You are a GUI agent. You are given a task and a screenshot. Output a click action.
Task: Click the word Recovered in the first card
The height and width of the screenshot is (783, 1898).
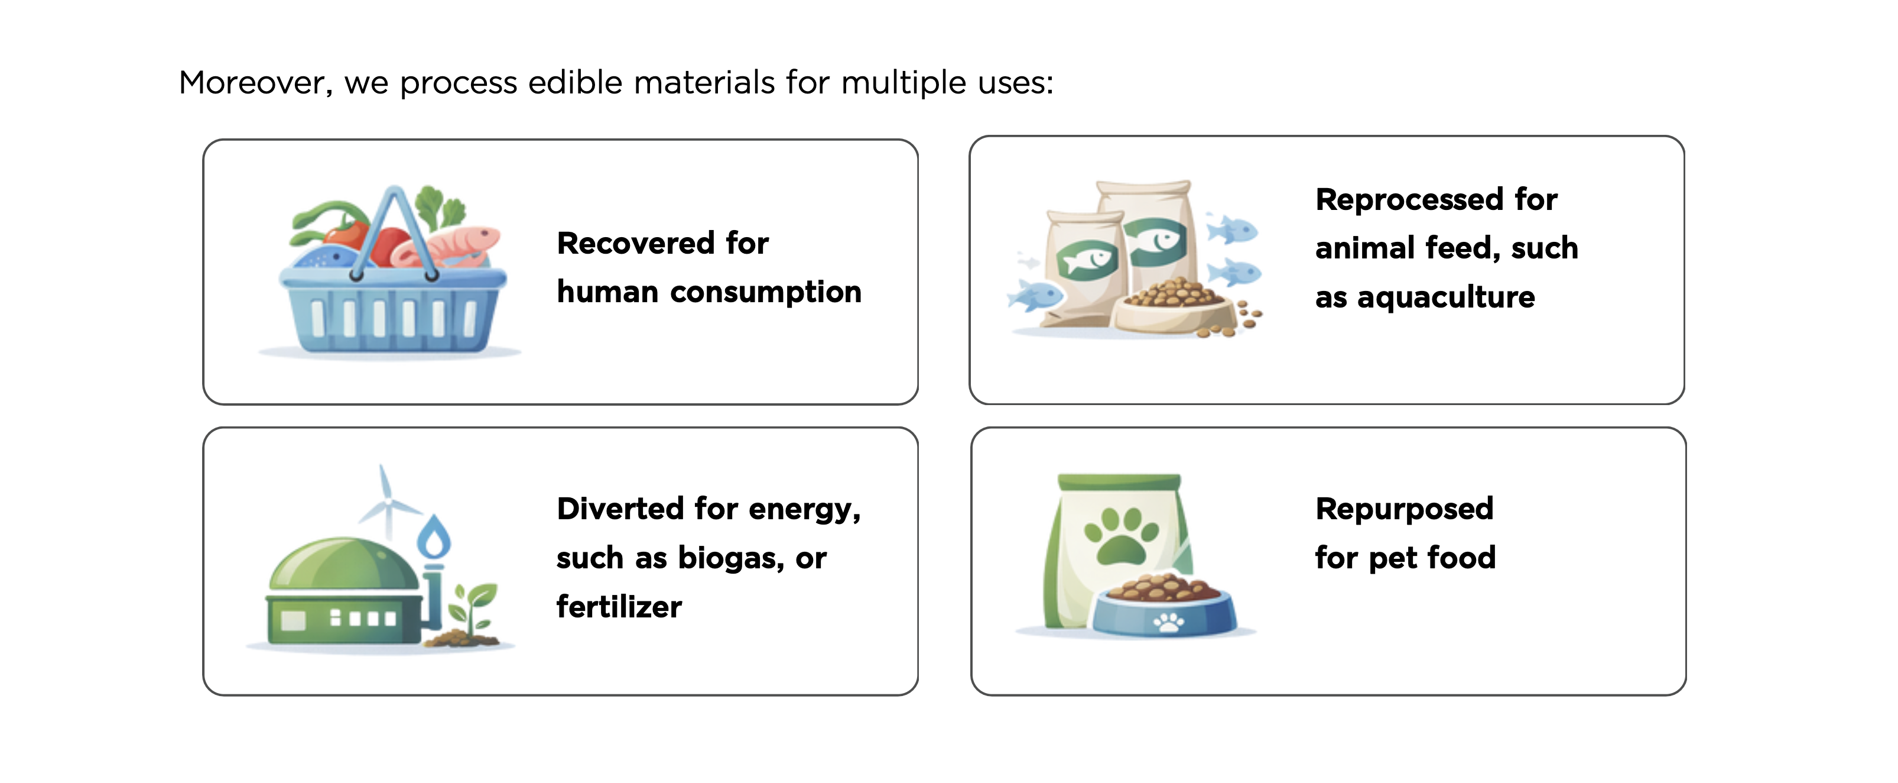click(x=636, y=242)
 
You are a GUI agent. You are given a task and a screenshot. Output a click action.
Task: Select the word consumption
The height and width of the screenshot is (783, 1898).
click(x=766, y=292)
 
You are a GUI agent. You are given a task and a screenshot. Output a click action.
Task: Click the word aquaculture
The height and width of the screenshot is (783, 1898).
click(x=1445, y=298)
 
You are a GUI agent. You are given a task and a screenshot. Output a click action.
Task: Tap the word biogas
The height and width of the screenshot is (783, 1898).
click(x=731, y=558)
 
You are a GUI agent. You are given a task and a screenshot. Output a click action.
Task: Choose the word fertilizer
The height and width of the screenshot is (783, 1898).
click(x=619, y=607)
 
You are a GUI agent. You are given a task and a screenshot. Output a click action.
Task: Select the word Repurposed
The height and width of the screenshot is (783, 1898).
click(x=1405, y=509)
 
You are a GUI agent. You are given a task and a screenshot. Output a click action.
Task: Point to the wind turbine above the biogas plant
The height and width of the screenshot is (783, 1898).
click(x=388, y=503)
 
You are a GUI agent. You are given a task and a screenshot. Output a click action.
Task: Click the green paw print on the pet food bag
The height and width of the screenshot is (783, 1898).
click(x=1121, y=536)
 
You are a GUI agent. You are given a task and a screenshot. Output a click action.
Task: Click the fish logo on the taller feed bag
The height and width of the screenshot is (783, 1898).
click(x=1155, y=241)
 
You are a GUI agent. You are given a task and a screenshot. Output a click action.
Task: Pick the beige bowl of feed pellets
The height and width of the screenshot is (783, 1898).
click(x=1175, y=308)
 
